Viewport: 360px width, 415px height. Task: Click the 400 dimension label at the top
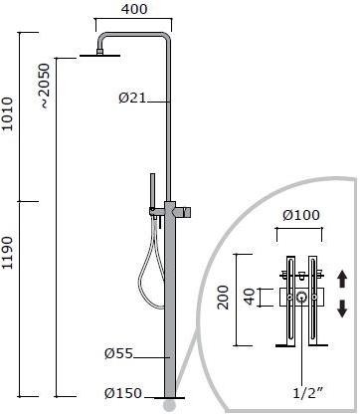tap(134, 9)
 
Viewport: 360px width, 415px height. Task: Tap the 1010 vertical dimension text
tap(7, 113)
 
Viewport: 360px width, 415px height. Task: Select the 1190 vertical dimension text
tap(7, 253)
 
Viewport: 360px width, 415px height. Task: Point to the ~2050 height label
tap(45, 87)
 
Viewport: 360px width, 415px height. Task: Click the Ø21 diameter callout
tap(132, 98)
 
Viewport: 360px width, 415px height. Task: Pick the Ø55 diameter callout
tap(118, 353)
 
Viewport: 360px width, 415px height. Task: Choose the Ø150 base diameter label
tap(123, 393)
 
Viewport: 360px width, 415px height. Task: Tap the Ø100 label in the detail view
tap(301, 215)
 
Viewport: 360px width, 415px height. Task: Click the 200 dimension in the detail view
tap(223, 298)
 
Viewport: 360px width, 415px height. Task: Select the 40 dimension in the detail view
tap(250, 297)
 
